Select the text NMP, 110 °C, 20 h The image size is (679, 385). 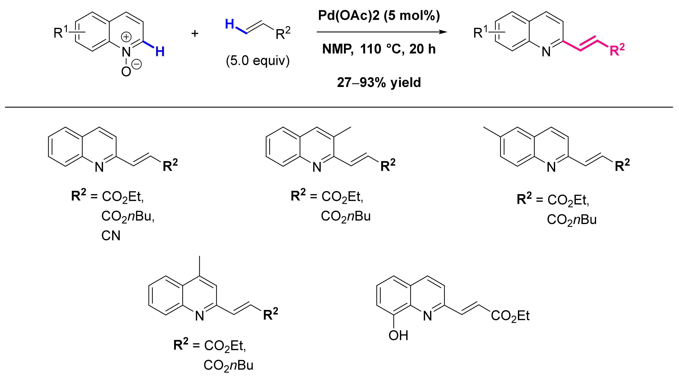(379, 49)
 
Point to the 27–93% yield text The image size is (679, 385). (379, 83)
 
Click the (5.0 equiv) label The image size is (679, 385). (258, 61)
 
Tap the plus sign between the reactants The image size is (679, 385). (195, 33)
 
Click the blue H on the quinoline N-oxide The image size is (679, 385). (160, 52)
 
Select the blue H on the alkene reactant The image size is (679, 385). (229, 24)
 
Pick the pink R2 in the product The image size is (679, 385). (617, 50)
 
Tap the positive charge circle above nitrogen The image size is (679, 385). (126, 37)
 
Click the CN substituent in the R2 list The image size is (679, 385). (111, 236)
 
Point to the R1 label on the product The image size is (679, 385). (480, 32)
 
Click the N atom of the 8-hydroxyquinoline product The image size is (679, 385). (428, 316)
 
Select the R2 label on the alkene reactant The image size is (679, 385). (283, 33)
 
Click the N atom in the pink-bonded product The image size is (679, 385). (546, 52)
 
